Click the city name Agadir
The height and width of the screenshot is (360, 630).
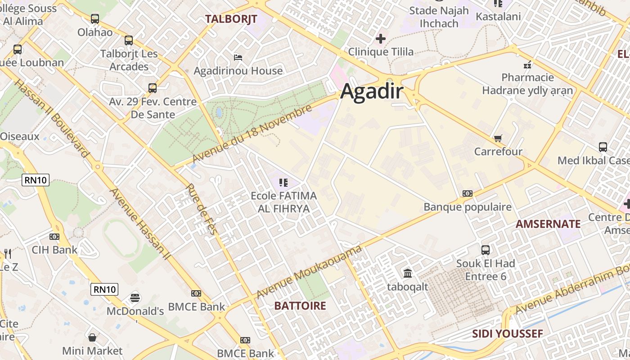tap(372, 91)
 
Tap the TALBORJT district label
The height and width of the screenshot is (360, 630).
tap(231, 19)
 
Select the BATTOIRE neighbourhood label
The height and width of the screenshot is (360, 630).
tap(300, 306)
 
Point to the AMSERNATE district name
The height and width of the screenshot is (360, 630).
tap(548, 224)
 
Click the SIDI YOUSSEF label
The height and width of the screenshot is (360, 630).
tap(507, 334)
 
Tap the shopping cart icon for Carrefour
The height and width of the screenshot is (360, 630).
tap(498, 138)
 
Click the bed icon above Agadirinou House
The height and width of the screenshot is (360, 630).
tap(238, 57)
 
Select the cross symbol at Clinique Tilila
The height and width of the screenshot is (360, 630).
tap(381, 39)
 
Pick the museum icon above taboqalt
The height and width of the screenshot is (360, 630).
tap(408, 273)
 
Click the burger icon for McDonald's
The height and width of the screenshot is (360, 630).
tap(135, 297)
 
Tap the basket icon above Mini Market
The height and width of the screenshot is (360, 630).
tap(92, 337)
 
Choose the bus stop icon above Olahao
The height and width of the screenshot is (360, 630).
tap(94, 19)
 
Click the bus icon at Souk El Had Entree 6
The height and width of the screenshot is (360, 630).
tap(486, 250)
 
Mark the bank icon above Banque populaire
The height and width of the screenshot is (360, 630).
tap(468, 193)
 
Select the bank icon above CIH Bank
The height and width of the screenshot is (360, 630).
tap(54, 236)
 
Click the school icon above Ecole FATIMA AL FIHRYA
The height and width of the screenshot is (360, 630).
tap(283, 182)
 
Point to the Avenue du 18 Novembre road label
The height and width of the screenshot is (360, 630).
tap(252, 134)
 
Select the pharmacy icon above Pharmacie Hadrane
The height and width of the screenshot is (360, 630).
tap(527, 64)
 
